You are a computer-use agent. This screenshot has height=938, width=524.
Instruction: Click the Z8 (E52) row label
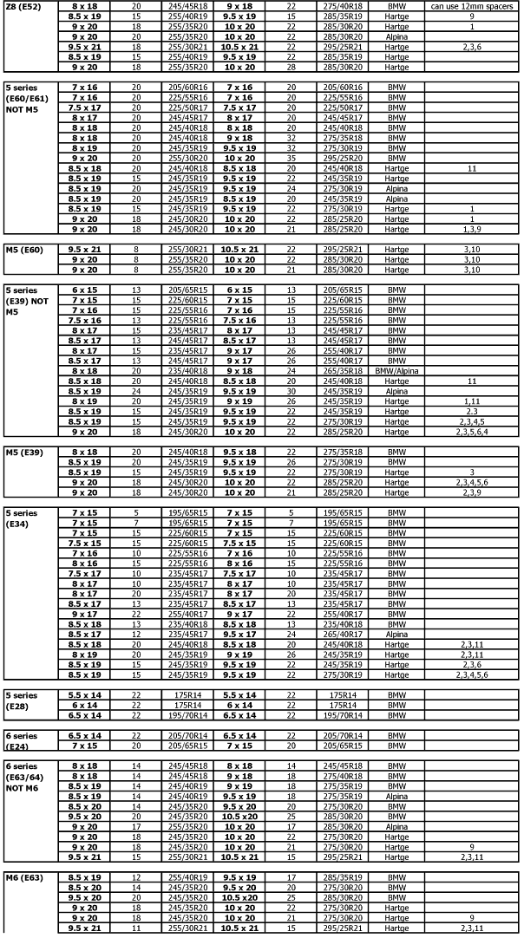point(23,6)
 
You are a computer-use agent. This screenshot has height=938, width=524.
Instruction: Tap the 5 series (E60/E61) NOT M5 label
point(29,95)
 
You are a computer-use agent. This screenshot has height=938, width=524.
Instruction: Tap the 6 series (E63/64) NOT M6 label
point(29,776)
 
